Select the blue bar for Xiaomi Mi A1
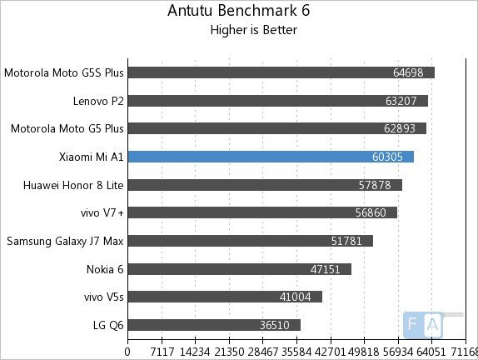coord(270,157)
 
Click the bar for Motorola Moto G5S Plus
coord(280,72)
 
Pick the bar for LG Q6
coord(213,325)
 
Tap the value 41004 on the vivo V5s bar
coord(299,297)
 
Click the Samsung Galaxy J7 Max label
coord(65,242)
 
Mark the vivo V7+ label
coord(97,213)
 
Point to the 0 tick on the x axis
coord(127,352)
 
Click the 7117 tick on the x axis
coord(161,352)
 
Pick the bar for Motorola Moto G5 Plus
coord(276,128)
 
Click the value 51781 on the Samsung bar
coord(350,242)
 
